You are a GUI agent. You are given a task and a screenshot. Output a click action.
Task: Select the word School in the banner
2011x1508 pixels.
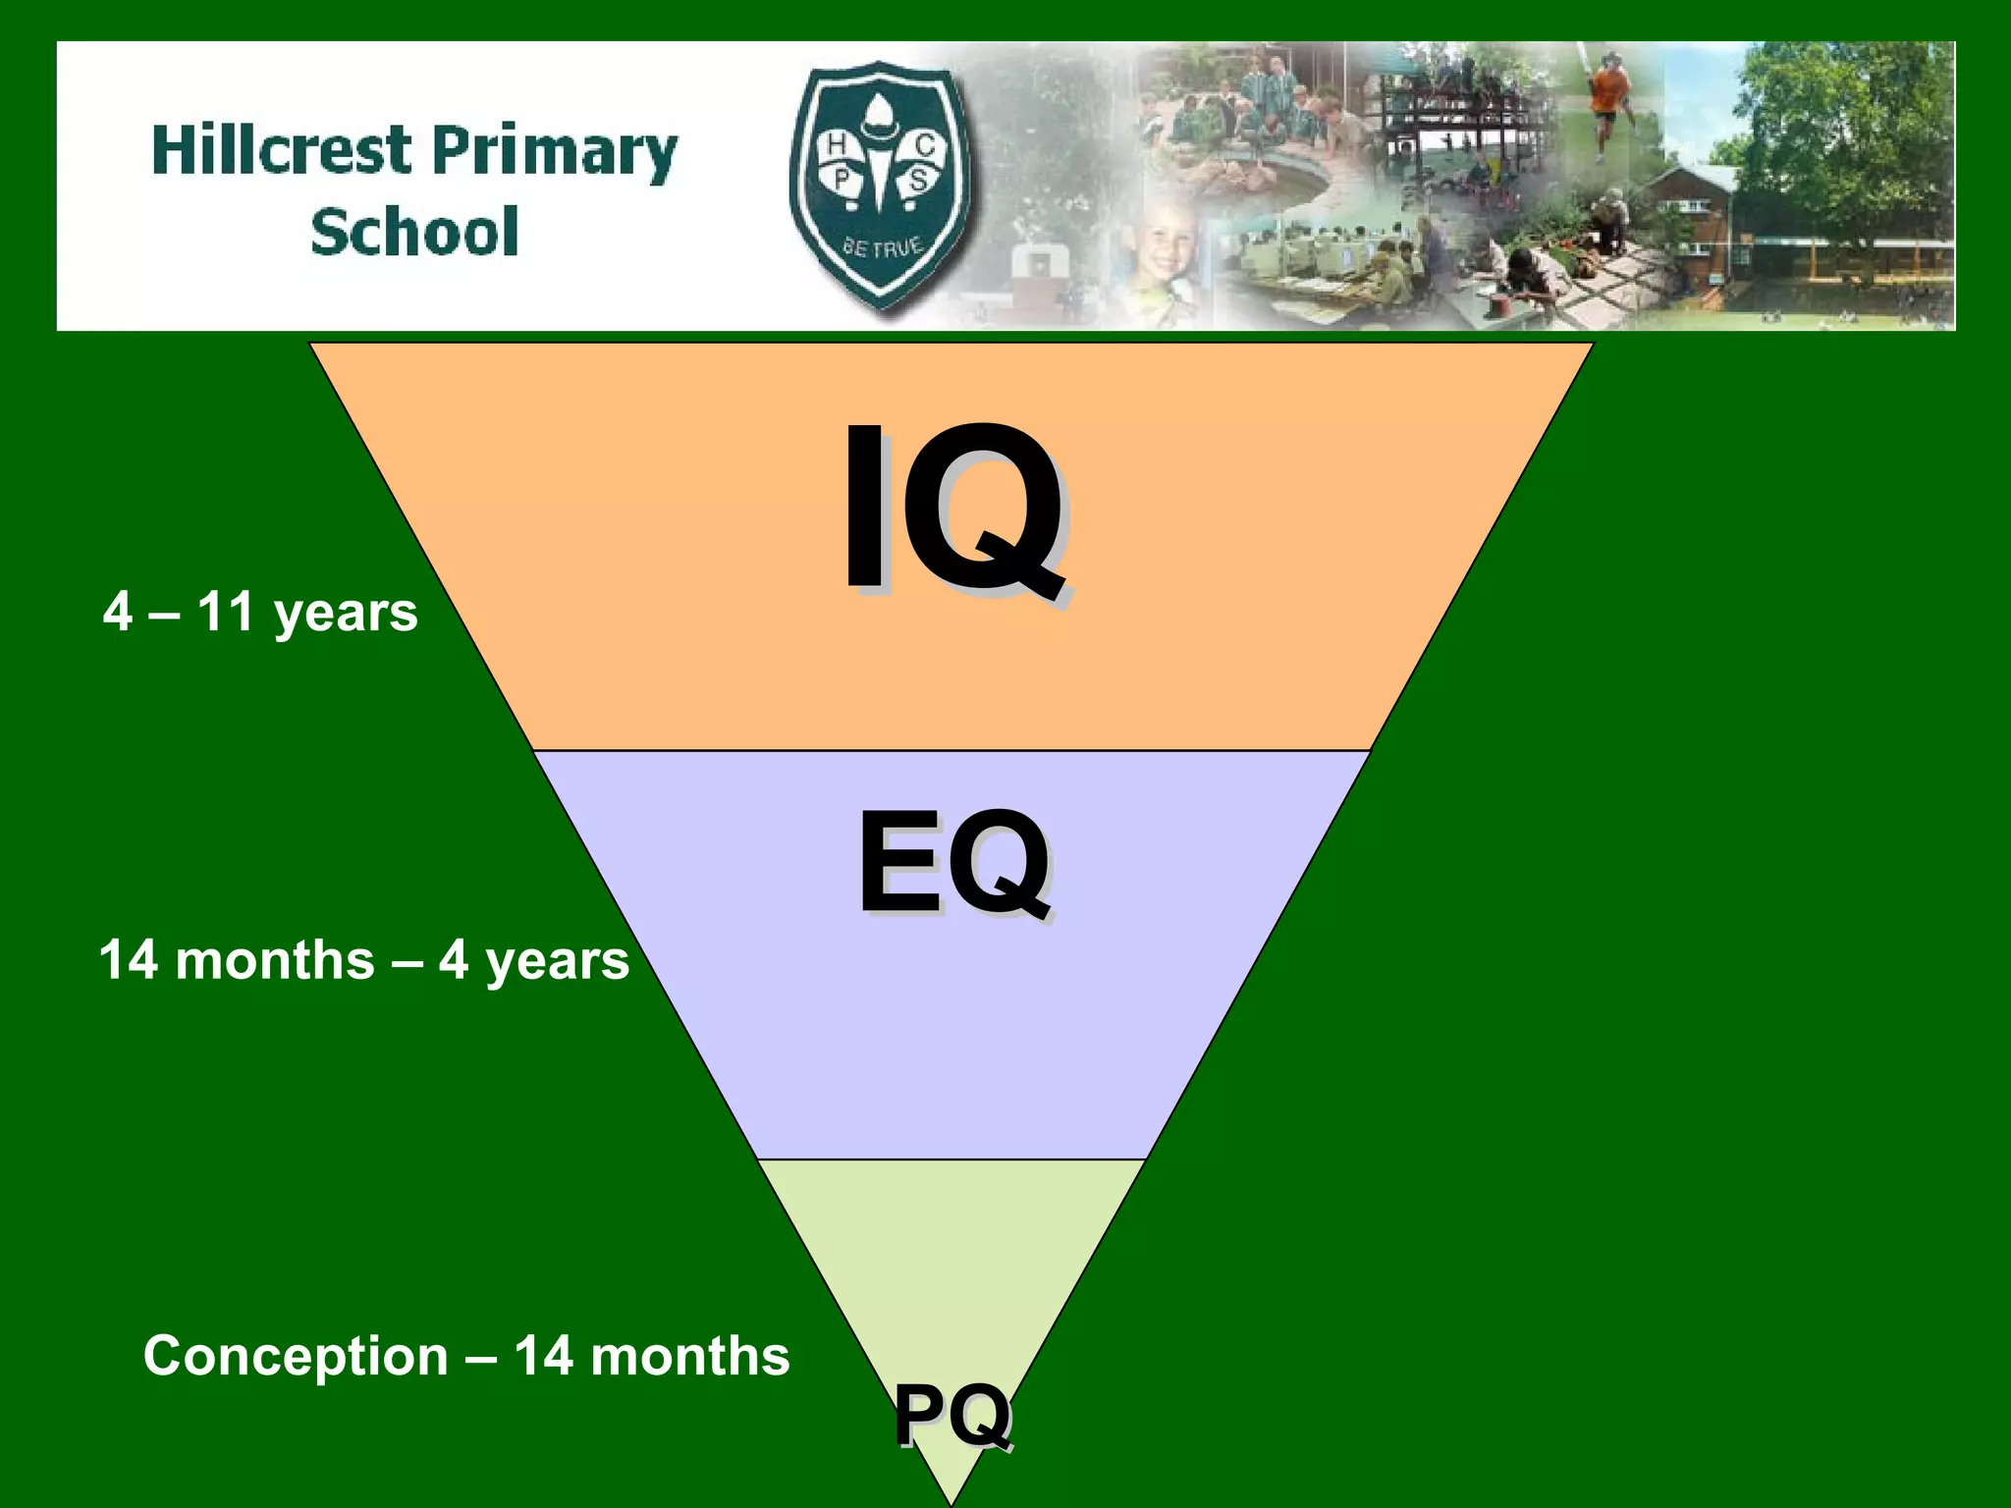pyautogui.click(x=414, y=233)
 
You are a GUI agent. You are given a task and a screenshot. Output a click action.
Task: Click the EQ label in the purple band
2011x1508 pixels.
pyautogui.click(x=953, y=863)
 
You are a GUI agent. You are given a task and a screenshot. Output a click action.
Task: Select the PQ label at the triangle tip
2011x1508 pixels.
pyautogui.click(x=951, y=1415)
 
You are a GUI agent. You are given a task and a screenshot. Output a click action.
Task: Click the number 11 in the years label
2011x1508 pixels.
pyautogui.click(x=227, y=612)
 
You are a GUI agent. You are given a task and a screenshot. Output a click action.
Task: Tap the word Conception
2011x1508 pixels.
pyautogui.click(x=296, y=1357)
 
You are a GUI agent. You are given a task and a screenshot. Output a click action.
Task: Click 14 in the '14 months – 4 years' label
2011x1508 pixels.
pyautogui.click(x=129, y=960)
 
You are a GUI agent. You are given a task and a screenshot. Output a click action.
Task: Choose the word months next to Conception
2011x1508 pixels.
pyautogui.click(x=690, y=1357)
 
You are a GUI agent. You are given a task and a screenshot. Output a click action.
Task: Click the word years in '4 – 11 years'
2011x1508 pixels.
pyautogui.click(x=346, y=614)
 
